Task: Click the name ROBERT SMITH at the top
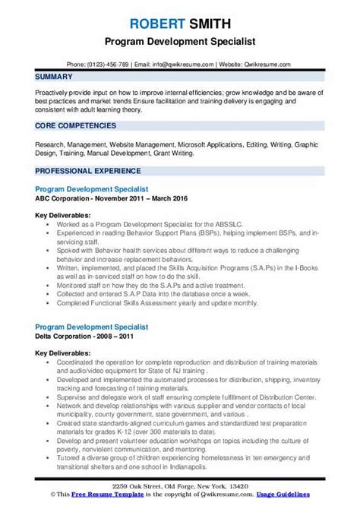pyautogui.click(x=180, y=10)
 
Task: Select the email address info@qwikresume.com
pyautogui.click(x=176, y=43)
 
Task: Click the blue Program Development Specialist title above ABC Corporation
pyautogui.click(x=91, y=187)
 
